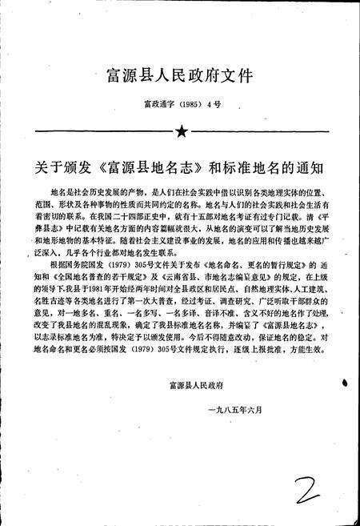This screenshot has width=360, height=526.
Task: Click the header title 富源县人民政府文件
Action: click(179, 77)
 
